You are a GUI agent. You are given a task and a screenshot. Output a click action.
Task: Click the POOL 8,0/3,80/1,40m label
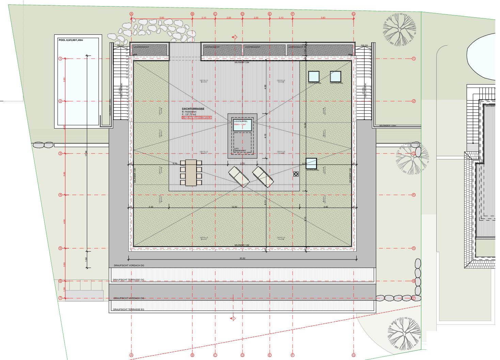pos(71,40)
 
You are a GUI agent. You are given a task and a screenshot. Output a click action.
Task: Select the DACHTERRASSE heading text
pos(193,109)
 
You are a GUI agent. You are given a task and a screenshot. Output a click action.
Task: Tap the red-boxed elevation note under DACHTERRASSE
pos(197,117)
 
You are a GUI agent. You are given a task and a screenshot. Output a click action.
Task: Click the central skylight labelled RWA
pos(242,125)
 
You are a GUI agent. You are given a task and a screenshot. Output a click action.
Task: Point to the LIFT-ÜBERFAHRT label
pos(240,150)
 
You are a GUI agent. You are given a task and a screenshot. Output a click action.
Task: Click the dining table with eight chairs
pos(191,172)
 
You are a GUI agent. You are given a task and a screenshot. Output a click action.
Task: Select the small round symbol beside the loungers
pos(296,174)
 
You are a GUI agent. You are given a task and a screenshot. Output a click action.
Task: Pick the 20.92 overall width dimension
pos(242,258)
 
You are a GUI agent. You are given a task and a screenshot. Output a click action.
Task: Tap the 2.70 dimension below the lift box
pos(242,164)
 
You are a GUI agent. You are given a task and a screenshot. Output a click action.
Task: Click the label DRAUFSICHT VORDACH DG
pos(129,265)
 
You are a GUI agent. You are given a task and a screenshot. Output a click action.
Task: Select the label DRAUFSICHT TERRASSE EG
pos(128,310)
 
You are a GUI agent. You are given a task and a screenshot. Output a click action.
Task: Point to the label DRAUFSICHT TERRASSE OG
pos(128,280)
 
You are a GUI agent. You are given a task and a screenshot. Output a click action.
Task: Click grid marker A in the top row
pos(131,14)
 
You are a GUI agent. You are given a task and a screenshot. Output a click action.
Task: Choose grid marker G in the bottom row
pos(354,355)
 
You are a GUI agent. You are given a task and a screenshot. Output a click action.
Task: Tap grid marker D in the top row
pos(243,14)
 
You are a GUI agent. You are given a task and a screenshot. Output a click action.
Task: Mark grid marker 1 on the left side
pos(60,59)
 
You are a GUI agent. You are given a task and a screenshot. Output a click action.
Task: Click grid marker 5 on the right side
pos(414,248)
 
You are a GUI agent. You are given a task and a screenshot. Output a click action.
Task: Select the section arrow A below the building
pos(233,318)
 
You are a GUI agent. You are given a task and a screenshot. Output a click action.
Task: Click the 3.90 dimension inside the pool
pos(64,79)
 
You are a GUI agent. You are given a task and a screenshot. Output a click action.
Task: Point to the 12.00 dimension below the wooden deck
pos(234,207)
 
